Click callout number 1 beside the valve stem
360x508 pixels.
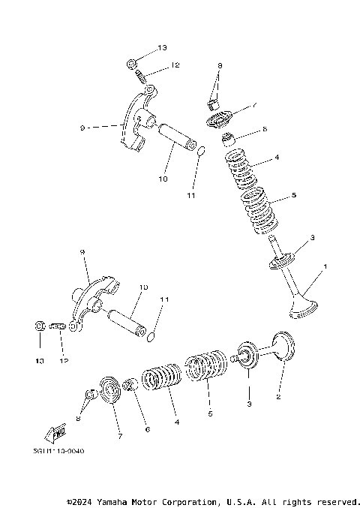click(x=325, y=267)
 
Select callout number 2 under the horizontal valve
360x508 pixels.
click(x=277, y=397)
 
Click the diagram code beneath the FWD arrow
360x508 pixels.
click(x=59, y=450)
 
